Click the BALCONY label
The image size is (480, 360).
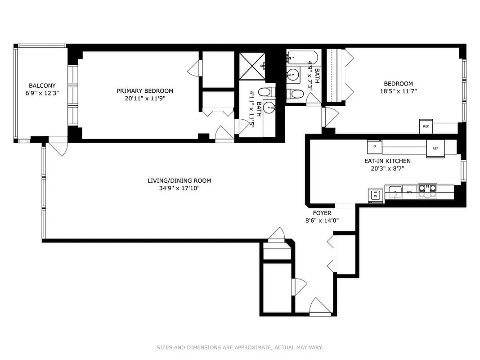[42, 85]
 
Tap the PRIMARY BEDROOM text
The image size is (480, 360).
[145, 91]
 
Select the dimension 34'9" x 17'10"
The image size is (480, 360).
[179, 188]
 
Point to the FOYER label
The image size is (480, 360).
[322, 213]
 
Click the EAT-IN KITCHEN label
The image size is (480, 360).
[387, 161]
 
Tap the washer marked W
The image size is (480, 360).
[375, 195]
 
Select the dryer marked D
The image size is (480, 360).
[374, 147]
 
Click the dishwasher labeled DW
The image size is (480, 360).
[409, 192]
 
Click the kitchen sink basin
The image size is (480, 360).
[395, 192]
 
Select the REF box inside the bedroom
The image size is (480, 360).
[426, 126]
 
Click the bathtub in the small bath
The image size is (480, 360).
[302, 57]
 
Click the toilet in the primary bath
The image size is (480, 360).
[265, 92]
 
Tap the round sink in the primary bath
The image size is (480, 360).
[269, 108]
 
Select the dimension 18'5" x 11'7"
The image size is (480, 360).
[398, 92]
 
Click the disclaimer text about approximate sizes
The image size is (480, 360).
[239, 347]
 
